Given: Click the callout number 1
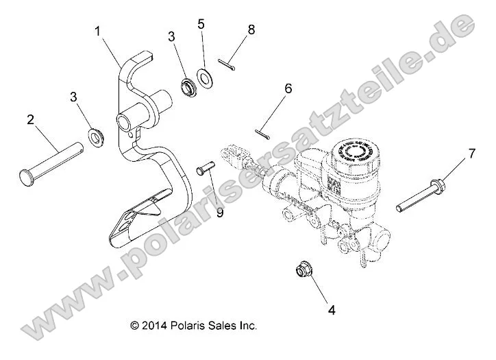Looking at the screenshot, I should (98, 31).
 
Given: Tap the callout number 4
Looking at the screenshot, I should (332, 309).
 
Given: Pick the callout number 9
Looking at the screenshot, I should (219, 213).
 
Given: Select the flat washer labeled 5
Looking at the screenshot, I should (204, 75).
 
